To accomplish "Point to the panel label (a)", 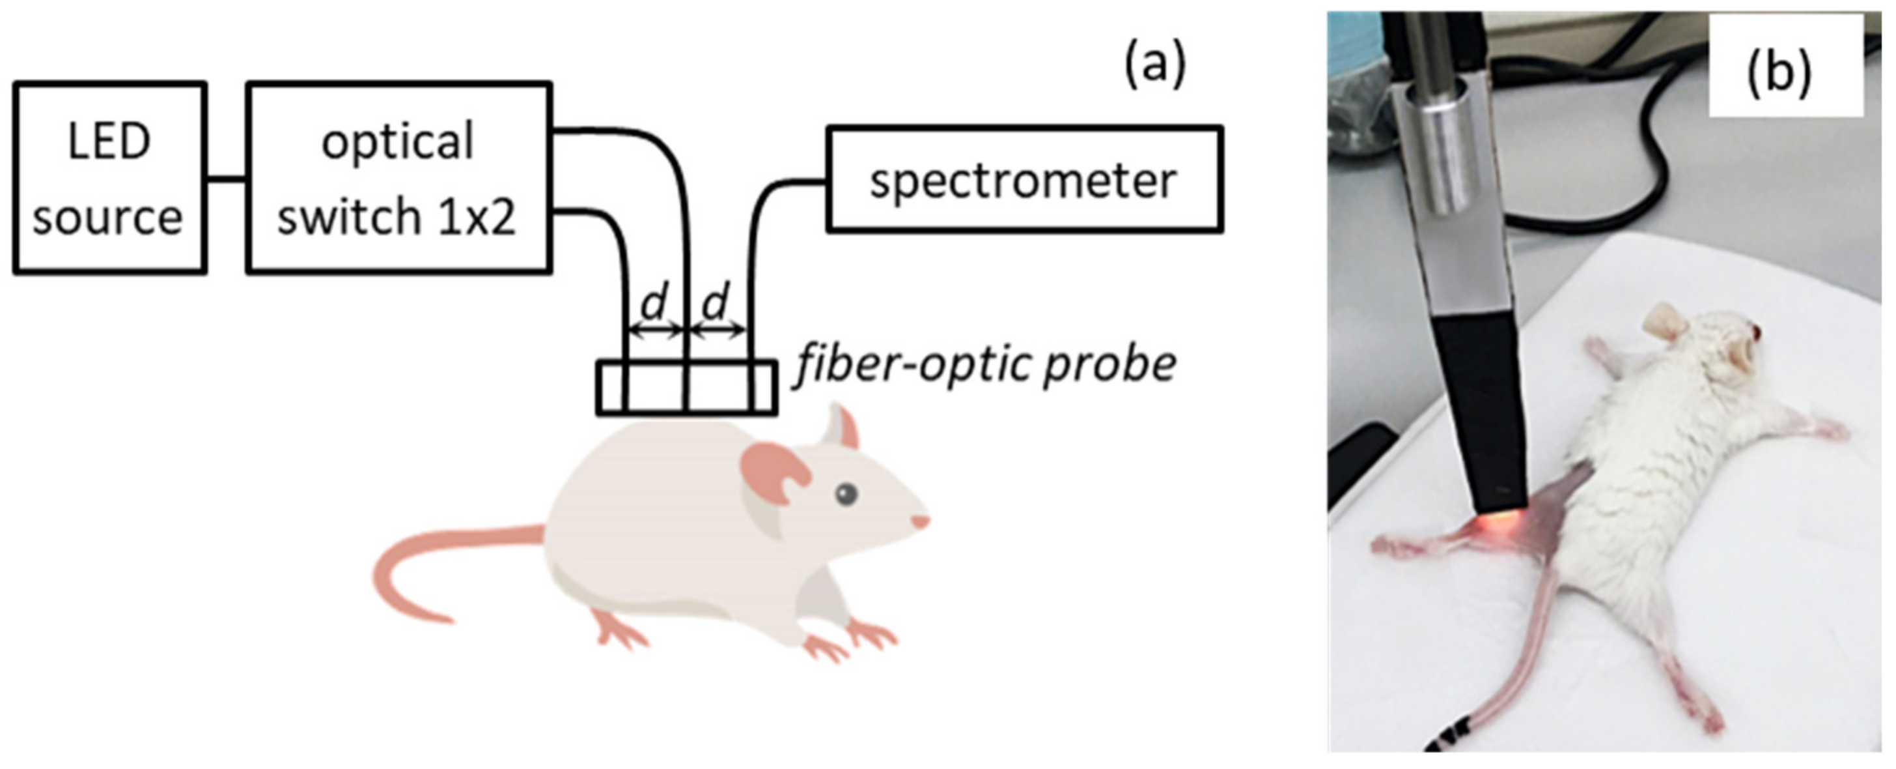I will coord(1154,65).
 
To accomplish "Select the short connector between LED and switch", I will coord(225,179).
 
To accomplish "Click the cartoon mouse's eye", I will coord(846,493).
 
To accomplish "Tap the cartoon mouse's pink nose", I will coord(920,521).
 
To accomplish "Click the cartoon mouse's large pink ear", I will coord(773,471).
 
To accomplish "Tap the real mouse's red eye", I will coord(1756,333).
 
